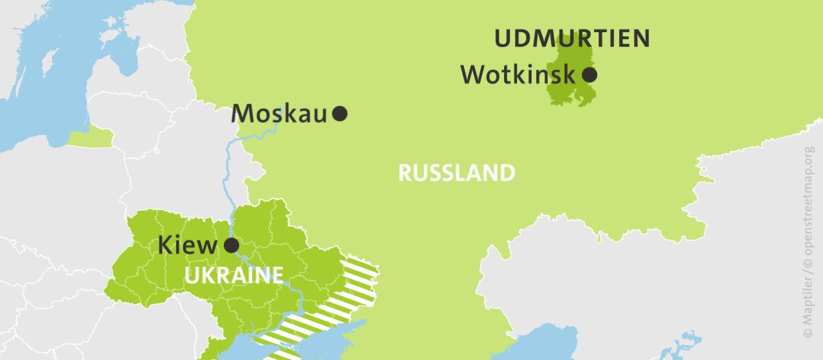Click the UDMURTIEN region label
[x=572, y=39]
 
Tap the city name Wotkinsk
[x=518, y=75]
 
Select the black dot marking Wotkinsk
[x=589, y=75]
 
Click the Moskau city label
[x=279, y=113]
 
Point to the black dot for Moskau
[x=340, y=114]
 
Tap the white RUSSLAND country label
[x=457, y=173]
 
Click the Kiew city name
[x=188, y=246]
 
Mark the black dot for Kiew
[x=231, y=246]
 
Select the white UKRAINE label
[x=233, y=275]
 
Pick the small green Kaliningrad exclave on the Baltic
[x=90, y=138]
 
